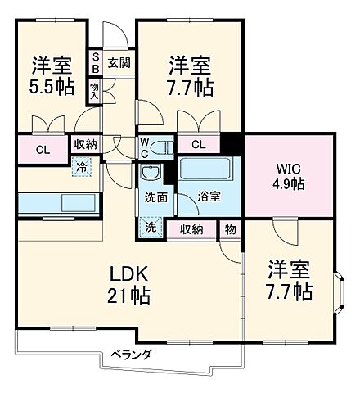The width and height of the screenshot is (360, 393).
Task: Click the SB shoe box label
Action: point(96,62)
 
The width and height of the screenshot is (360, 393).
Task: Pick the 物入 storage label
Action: point(96,91)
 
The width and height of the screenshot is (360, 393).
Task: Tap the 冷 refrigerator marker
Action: point(82,165)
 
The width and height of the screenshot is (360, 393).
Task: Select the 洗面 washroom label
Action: point(155,197)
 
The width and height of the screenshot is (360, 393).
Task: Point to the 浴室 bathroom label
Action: point(208,197)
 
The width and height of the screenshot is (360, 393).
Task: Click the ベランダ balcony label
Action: point(131,354)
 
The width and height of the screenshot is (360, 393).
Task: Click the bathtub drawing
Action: point(207,172)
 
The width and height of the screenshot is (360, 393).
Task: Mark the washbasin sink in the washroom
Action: point(151,174)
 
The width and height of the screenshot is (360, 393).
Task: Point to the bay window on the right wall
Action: point(343,291)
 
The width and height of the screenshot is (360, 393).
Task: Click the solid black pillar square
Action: point(232,144)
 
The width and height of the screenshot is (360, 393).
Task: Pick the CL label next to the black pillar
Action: point(199,146)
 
